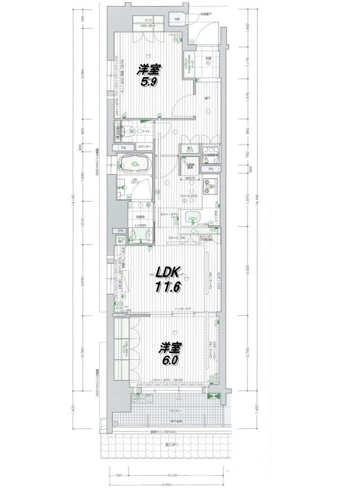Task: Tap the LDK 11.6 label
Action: pos(168,279)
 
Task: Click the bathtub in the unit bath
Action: pos(134,164)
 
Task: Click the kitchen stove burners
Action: pos(211,185)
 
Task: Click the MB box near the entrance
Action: pos(177,20)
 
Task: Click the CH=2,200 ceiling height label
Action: pos(188,195)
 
